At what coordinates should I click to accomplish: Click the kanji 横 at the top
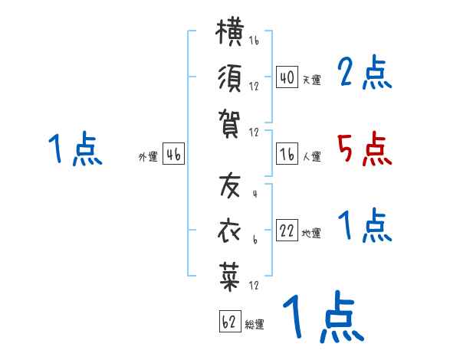(230, 32)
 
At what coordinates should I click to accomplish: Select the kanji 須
(230, 78)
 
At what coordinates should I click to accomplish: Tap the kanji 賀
(229, 124)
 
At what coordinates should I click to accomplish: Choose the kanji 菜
(230, 277)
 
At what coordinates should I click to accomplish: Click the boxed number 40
(287, 77)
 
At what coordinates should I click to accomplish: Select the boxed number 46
(173, 154)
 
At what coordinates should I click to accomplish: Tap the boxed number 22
(287, 231)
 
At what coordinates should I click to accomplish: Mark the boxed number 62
(230, 321)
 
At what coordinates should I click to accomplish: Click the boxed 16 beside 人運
(287, 154)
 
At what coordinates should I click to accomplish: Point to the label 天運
(312, 80)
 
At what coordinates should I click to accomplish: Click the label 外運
(148, 156)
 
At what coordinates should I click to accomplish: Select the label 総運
(255, 324)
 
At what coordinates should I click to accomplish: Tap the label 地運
(311, 233)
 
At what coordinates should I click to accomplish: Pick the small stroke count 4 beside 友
(255, 194)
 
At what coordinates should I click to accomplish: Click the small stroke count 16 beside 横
(254, 40)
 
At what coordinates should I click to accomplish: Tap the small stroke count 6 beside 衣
(255, 240)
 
